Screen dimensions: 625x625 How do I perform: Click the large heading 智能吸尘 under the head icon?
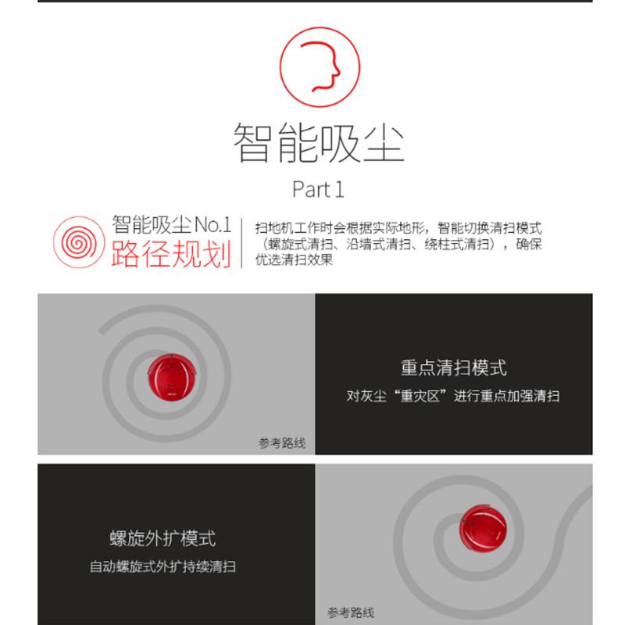click(x=319, y=143)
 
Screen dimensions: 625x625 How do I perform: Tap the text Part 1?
click(x=318, y=189)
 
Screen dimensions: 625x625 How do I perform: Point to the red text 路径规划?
click(x=171, y=255)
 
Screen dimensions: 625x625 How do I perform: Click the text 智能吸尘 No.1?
click(x=171, y=224)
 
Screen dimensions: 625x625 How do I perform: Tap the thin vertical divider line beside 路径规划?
click(x=241, y=243)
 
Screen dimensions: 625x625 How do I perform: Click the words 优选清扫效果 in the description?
click(x=295, y=259)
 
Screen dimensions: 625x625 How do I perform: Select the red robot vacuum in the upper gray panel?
click(x=172, y=377)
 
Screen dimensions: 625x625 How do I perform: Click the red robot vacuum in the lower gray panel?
click(x=483, y=528)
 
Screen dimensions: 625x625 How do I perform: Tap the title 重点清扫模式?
click(x=454, y=367)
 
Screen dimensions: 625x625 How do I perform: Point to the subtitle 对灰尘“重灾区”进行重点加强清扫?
click(x=453, y=396)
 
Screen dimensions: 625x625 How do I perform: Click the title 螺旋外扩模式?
click(x=162, y=538)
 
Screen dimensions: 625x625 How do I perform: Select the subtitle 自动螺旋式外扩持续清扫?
click(x=162, y=566)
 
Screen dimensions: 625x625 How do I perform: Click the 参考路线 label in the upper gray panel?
click(x=282, y=443)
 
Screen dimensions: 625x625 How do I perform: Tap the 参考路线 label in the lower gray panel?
click(x=351, y=612)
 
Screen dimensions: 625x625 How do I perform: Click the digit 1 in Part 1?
click(x=339, y=189)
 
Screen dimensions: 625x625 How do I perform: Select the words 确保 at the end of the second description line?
click(x=529, y=244)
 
